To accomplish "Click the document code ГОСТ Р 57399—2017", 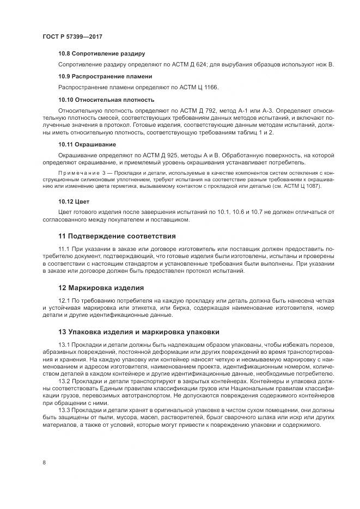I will pos(72,36).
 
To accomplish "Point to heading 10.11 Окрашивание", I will pos(87,144).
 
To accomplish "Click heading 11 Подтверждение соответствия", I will pos(117,236).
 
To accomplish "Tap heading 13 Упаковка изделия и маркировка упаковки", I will pos(139,332).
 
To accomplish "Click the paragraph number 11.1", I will pos(64,249).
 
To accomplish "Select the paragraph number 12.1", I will pos(64,301).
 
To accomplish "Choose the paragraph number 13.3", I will pos(64,409).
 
